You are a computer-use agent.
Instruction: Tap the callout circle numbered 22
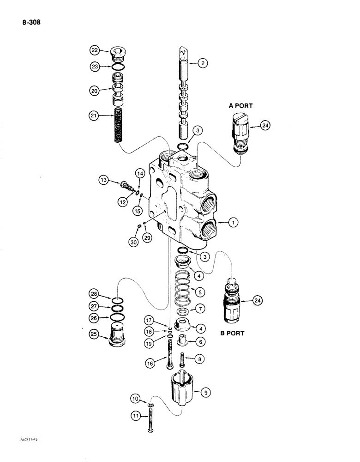[95, 50]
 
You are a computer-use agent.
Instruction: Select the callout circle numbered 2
[202, 64]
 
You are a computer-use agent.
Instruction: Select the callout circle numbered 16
[150, 364]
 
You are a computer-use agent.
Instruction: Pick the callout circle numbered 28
[95, 293]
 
